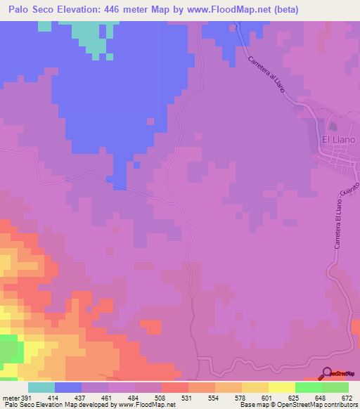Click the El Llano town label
click(338, 139)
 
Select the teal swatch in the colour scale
click(41, 387)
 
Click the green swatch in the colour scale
click(309, 387)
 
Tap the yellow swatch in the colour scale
click(282, 387)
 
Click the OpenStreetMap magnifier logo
click(327, 373)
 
